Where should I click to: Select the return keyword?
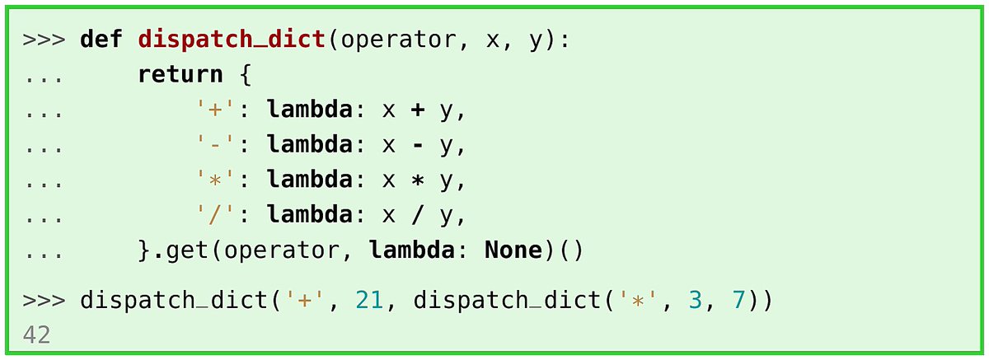tap(180, 74)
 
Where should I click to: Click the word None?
tap(513, 250)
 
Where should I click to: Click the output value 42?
tap(36, 335)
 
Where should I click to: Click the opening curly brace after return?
tap(245, 75)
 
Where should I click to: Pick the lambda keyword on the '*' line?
tap(310, 180)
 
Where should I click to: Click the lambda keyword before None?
tap(411, 250)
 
